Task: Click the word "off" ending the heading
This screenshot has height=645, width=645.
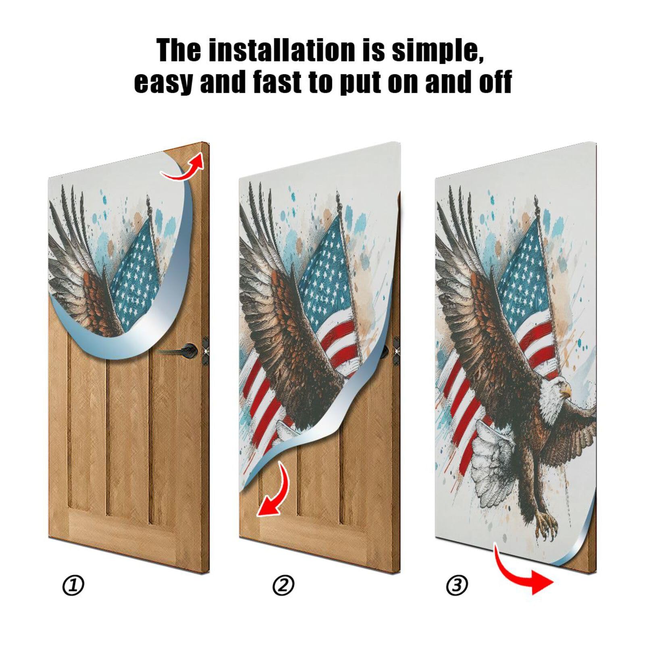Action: (495, 82)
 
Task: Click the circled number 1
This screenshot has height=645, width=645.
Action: (73, 585)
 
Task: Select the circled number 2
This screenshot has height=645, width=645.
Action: (283, 585)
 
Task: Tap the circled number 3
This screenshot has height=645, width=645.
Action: (457, 585)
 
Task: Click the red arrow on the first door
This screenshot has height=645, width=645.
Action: (183, 167)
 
